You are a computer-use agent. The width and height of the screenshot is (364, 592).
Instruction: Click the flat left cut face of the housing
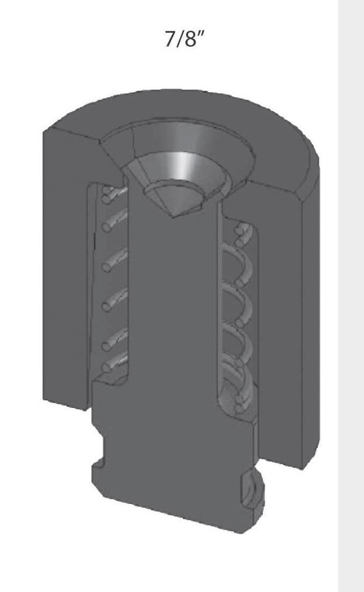tap(65, 268)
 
